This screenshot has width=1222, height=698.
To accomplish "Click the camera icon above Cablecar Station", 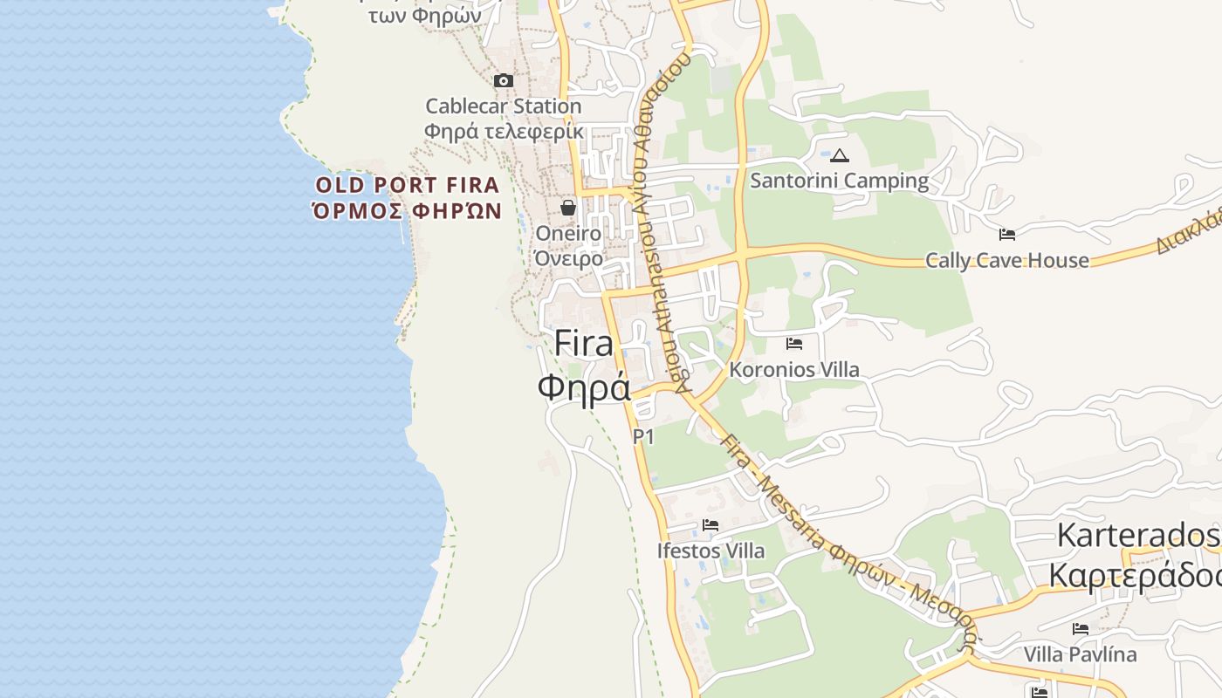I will click(504, 81).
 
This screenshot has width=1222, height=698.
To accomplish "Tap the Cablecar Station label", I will click(503, 106).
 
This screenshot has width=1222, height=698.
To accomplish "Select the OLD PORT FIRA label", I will click(408, 185).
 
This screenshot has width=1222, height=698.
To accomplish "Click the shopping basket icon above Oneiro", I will click(568, 208).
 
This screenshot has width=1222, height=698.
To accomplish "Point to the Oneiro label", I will click(568, 234).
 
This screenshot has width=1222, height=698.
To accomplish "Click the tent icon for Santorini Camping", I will click(840, 156).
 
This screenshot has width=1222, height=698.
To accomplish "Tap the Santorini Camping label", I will click(840, 181).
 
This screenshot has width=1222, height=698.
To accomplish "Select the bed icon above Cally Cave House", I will click(1007, 235).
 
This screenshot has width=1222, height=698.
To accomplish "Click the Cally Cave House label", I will click(1007, 260).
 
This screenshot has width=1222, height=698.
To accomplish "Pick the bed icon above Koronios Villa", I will click(794, 344).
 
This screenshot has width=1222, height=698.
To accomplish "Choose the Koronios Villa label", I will click(794, 370).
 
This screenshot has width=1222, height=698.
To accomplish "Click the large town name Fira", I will click(584, 344).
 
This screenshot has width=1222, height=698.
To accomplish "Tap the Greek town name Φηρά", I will click(584, 387).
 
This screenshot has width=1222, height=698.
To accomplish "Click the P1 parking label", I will click(643, 436).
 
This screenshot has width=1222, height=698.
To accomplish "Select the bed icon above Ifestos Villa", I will click(711, 525).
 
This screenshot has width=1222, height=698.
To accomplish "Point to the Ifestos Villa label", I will click(711, 551).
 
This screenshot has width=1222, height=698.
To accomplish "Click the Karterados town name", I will click(1138, 535).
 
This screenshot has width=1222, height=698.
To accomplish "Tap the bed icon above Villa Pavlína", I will click(1081, 629).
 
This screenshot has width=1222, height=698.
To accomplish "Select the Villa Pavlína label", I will click(1081, 654).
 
